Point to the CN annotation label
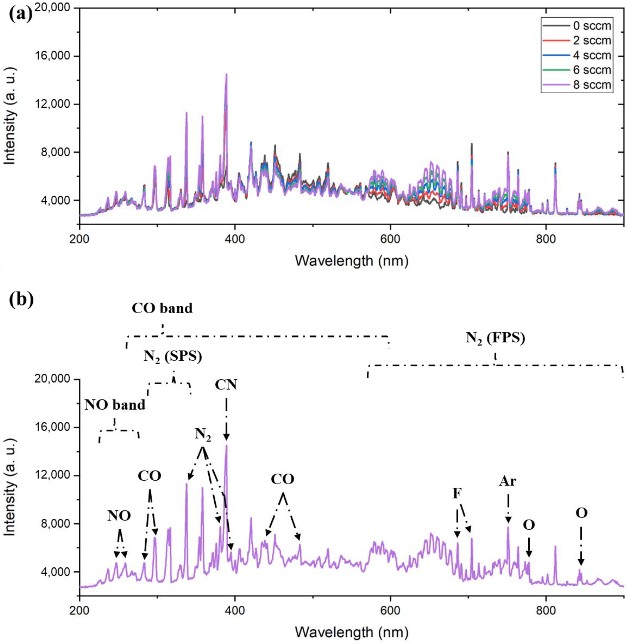pyautogui.click(x=226, y=385)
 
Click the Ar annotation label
pyautogui.click(x=507, y=482)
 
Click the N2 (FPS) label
pyautogui.click(x=495, y=338)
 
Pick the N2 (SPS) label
pyautogui.click(x=173, y=357)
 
